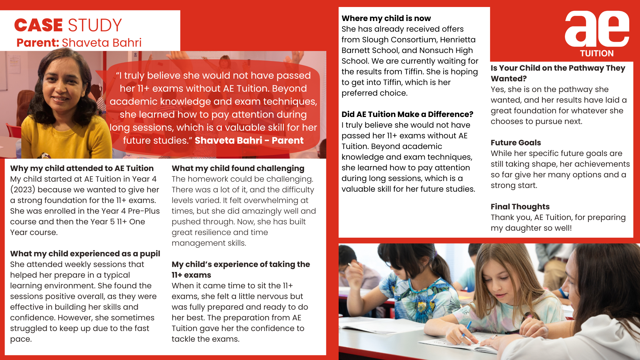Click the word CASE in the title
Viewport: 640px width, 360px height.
(x=38, y=25)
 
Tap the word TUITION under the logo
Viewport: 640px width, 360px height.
(x=597, y=53)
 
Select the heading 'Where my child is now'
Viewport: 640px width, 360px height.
(x=386, y=18)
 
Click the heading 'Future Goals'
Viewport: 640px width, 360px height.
(x=516, y=143)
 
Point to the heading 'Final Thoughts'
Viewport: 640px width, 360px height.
(x=520, y=207)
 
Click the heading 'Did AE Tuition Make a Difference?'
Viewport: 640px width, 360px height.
(x=407, y=114)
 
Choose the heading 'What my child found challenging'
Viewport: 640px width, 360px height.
(x=238, y=168)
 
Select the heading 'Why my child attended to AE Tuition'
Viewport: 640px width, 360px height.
(x=82, y=168)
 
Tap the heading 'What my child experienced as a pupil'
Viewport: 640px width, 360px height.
(x=85, y=254)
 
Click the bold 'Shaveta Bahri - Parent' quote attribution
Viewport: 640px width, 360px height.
(x=249, y=140)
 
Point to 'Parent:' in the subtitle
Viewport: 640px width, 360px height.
(x=38, y=43)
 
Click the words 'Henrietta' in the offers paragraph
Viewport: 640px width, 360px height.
(x=458, y=40)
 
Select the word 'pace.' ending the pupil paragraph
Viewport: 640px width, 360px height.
(x=21, y=339)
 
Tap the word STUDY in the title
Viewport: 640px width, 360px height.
(x=95, y=25)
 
